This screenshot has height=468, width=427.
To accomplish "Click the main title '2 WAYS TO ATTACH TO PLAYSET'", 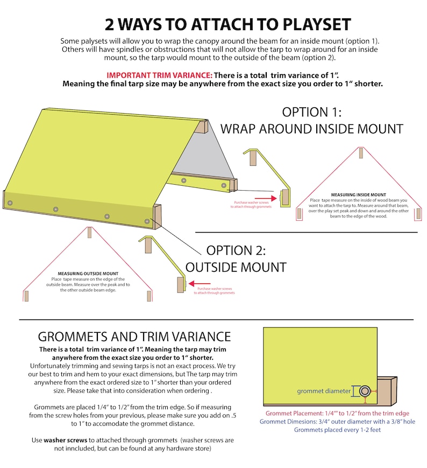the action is [228, 24].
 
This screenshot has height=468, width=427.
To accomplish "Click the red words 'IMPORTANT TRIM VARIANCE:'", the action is [159, 75].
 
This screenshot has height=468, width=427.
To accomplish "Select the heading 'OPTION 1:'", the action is [312, 112].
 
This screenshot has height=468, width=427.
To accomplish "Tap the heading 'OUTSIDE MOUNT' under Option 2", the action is [236, 267].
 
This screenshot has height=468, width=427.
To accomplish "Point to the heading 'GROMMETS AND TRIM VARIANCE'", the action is [134, 337].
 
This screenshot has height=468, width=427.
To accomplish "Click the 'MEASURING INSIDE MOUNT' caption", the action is [359, 194].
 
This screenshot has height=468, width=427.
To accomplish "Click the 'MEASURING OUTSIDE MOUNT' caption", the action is [88, 274].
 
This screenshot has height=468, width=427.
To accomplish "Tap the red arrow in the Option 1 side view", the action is [266, 198].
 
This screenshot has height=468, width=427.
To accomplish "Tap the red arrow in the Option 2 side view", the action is [200, 283].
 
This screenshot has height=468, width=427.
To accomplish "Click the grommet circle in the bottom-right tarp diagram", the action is [365, 391].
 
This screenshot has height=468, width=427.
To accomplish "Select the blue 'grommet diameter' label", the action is [324, 391].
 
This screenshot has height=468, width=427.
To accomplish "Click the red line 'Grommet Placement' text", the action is [337, 414].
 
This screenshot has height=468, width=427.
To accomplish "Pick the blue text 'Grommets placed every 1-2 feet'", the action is [337, 430].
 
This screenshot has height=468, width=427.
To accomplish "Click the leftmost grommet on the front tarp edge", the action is [10, 203].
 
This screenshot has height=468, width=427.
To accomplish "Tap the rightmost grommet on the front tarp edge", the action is [147, 221].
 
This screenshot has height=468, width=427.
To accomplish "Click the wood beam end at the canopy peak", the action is [202, 127].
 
